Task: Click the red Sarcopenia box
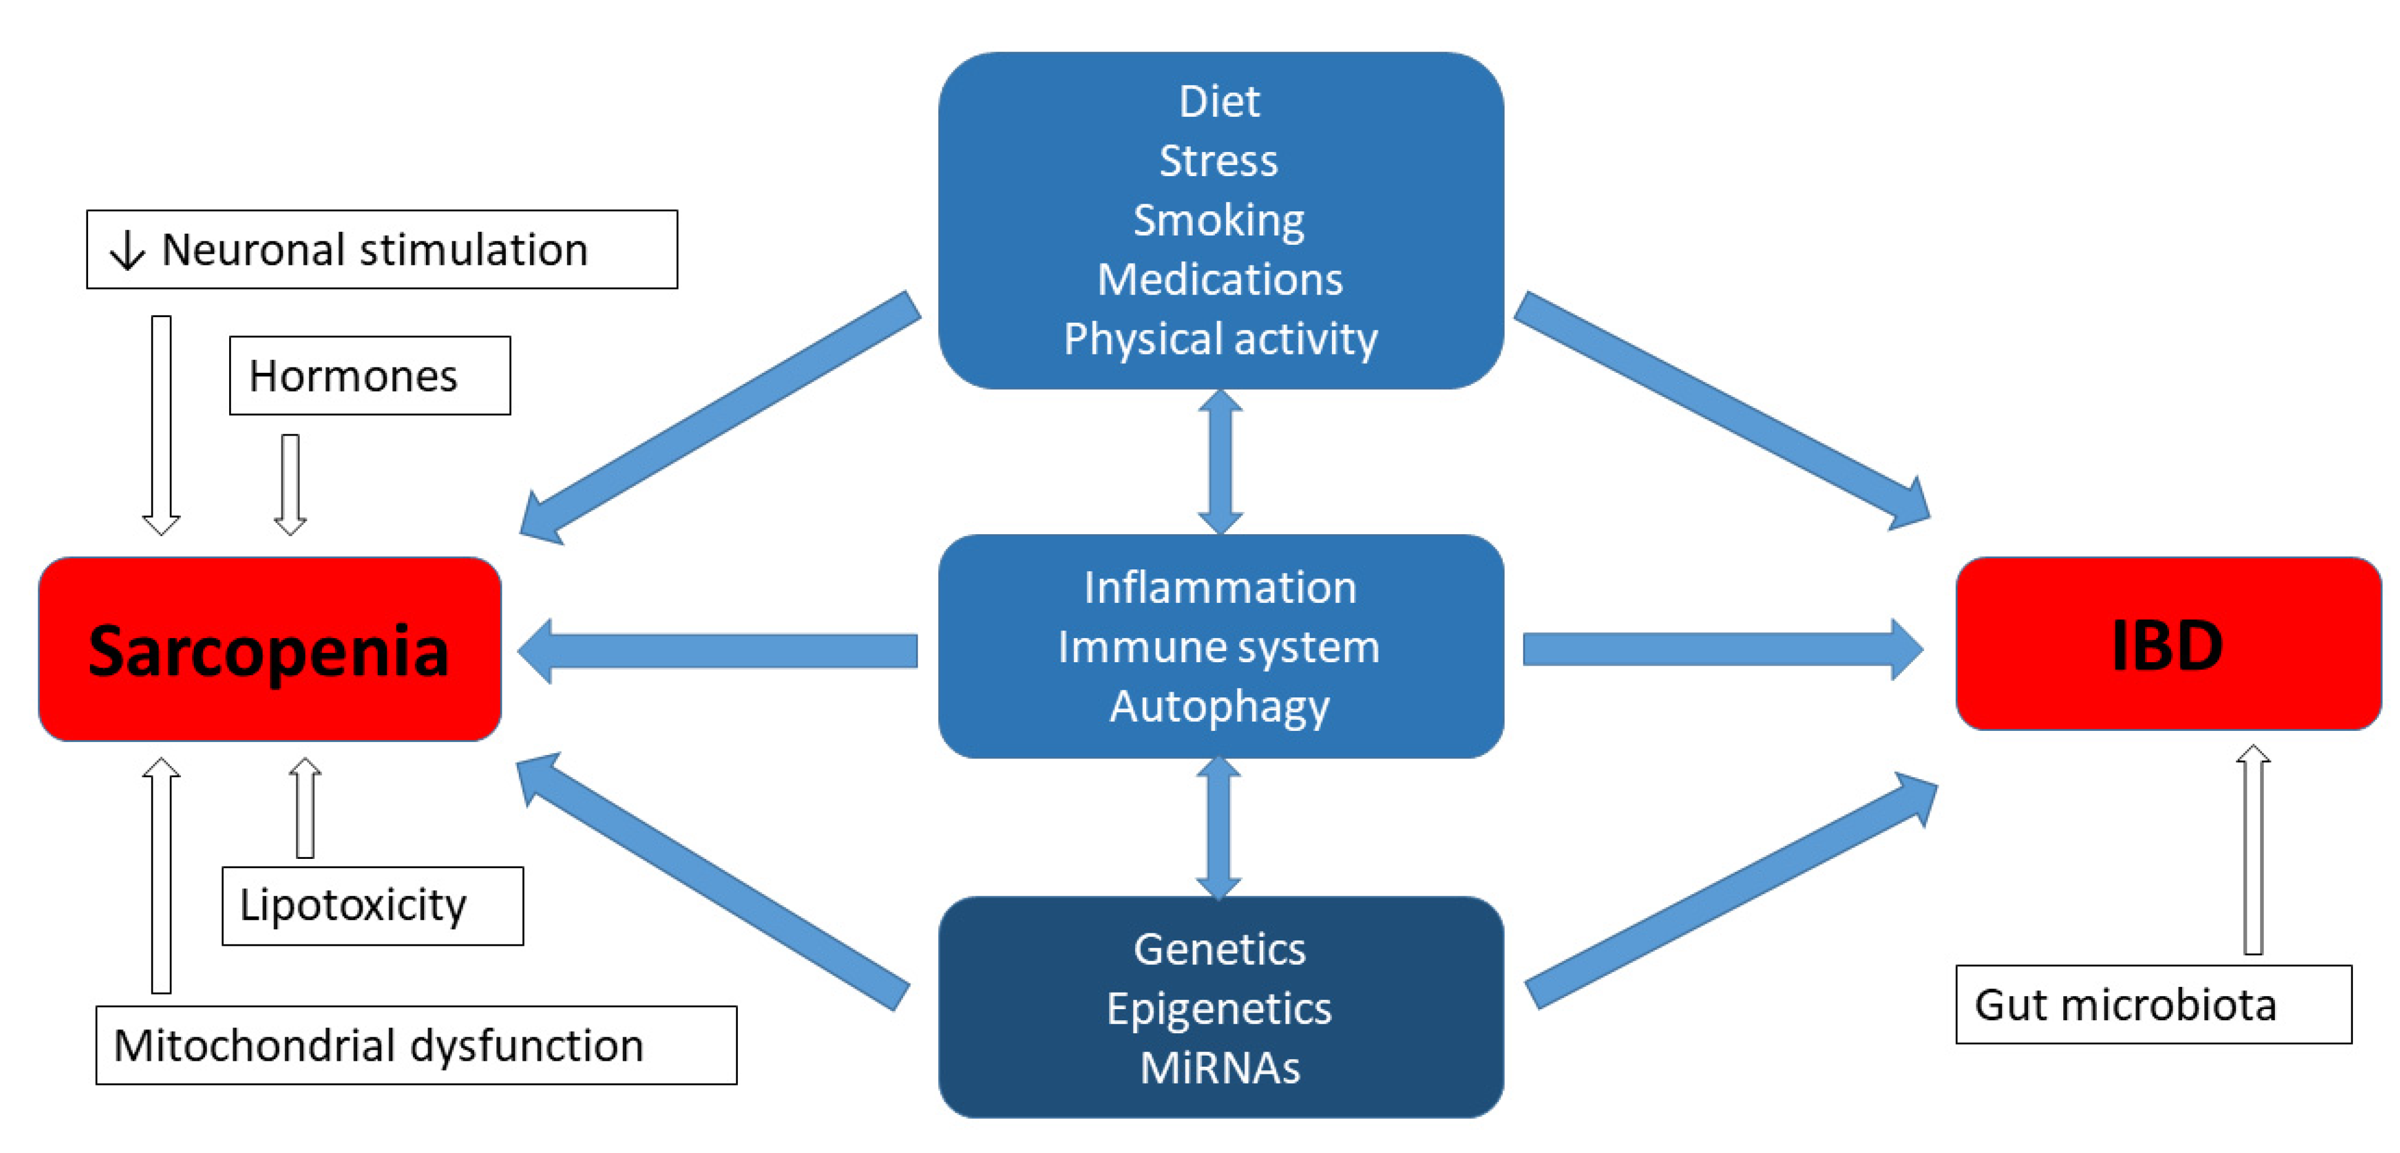(x=269, y=649)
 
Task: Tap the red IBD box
(x=2167, y=645)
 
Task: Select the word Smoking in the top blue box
(x=1219, y=221)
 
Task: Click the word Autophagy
(x=1219, y=707)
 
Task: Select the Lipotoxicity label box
(x=372, y=905)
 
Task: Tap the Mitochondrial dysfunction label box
(x=415, y=1045)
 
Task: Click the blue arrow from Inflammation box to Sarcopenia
(x=717, y=650)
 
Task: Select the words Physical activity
(x=1220, y=339)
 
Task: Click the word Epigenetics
(x=1219, y=1009)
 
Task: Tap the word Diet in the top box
(x=1219, y=102)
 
